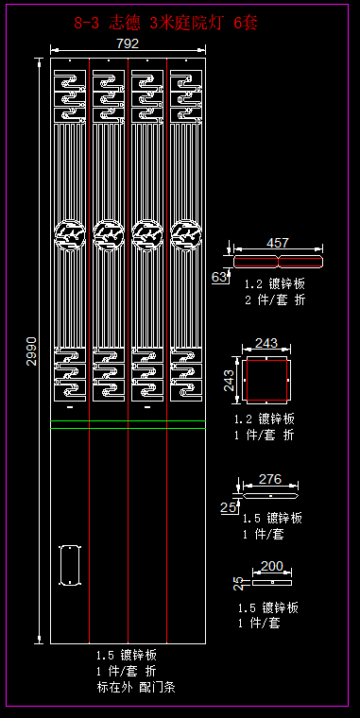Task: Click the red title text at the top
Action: (165, 23)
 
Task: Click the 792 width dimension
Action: (128, 43)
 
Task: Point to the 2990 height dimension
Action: (31, 351)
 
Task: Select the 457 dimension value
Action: (278, 243)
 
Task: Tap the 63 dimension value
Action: (219, 277)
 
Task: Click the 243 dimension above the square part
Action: (266, 343)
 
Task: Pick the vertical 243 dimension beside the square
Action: (229, 381)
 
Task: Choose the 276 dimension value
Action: (270, 479)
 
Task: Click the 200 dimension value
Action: (272, 567)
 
